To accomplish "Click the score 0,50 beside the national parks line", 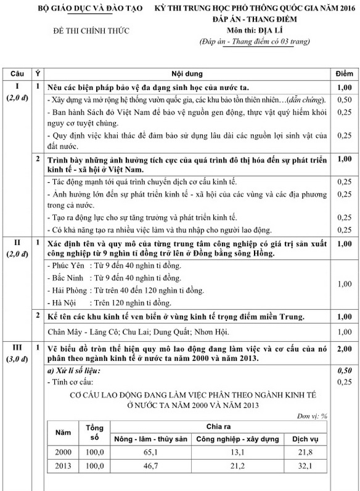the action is click(345, 99).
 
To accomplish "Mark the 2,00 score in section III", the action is click(345, 349).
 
